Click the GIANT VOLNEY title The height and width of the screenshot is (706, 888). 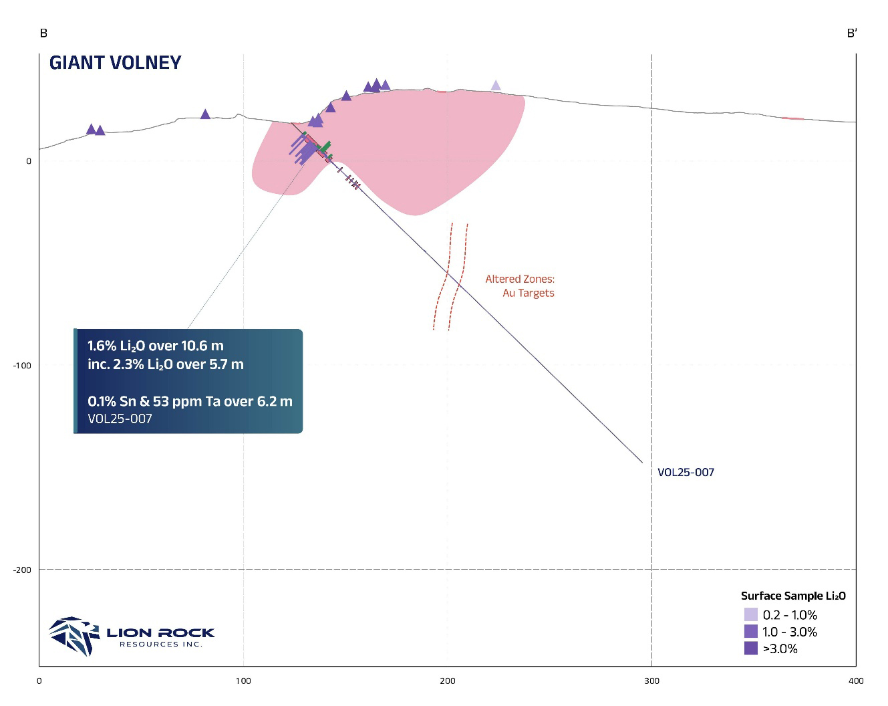pyautogui.click(x=116, y=63)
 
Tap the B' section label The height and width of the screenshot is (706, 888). pyautogui.click(x=851, y=33)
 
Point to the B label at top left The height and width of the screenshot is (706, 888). pyautogui.click(x=43, y=33)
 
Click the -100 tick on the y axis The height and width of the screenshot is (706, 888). pyautogui.click(x=22, y=366)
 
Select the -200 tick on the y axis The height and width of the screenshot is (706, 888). pyautogui.click(x=22, y=570)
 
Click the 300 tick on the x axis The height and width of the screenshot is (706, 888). pyautogui.click(x=651, y=681)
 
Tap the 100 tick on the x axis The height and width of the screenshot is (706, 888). pyautogui.click(x=243, y=681)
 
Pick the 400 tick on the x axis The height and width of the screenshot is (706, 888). pyautogui.click(x=855, y=681)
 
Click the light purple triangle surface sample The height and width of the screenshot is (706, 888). pyautogui.click(x=496, y=86)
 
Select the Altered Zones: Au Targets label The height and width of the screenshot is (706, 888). pyautogui.click(x=520, y=286)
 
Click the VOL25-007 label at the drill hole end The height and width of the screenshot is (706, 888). pyautogui.click(x=686, y=473)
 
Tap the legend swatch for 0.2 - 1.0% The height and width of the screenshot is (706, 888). pyautogui.click(x=750, y=615)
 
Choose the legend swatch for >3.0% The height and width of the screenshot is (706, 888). pyautogui.click(x=750, y=649)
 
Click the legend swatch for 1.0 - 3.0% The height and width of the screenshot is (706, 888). pyautogui.click(x=750, y=632)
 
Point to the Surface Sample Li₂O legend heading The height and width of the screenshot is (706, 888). pyautogui.click(x=793, y=596)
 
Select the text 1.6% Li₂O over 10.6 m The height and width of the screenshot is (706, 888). pyautogui.click(x=156, y=346)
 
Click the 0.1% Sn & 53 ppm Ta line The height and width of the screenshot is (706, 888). pyautogui.click(x=190, y=402)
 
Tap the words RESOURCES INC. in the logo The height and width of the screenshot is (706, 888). pyautogui.click(x=160, y=644)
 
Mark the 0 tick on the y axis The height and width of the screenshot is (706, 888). pyautogui.click(x=29, y=161)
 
